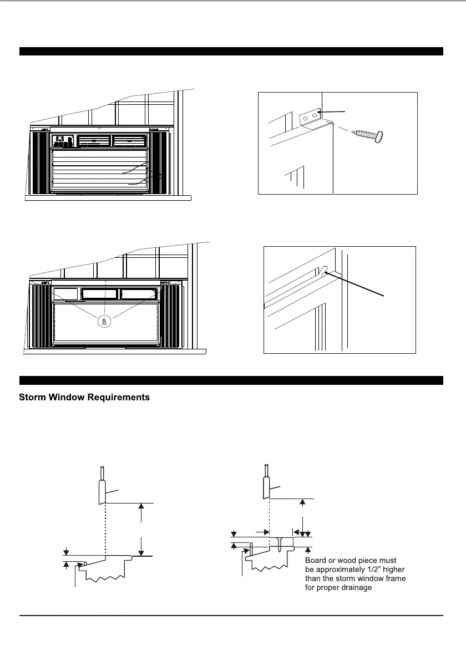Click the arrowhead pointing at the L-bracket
pyautogui.click(x=323, y=113)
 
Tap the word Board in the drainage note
pyautogui.click(x=316, y=561)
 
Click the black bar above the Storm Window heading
pyautogui.click(x=231, y=380)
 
